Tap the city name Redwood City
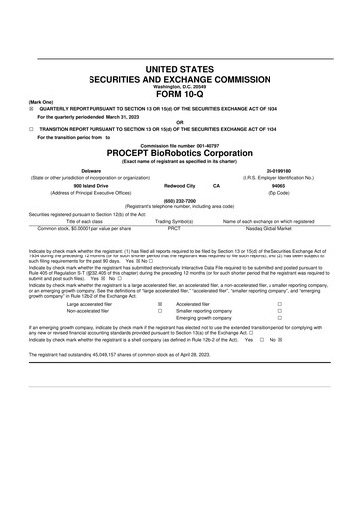pyautogui.click(x=179, y=185)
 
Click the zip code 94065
pyautogui.click(x=278, y=185)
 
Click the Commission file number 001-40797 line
pyautogui.click(x=180, y=145)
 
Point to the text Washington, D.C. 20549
pyautogui.click(x=180, y=85)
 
